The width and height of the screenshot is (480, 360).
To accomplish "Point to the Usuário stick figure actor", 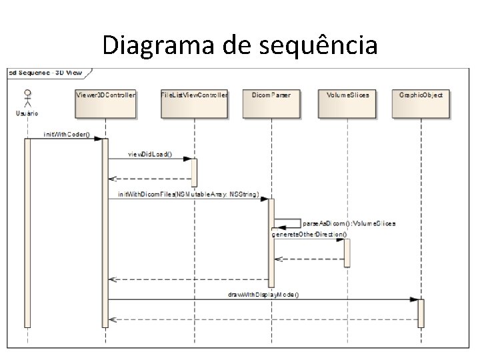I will (x=27, y=97).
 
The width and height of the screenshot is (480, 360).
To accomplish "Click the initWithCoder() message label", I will (x=66, y=134).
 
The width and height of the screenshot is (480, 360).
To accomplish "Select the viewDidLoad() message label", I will (x=150, y=154).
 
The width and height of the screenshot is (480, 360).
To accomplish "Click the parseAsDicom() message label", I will (x=349, y=223).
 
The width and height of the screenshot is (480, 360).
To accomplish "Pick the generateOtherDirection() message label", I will (x=309, y=235).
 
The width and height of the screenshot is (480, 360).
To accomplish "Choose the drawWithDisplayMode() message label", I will (x=264, y=294).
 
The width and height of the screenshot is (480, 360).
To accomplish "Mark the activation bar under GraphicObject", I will (x=421, y=313).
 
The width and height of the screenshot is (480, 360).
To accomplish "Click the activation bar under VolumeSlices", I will (x=347, y=253).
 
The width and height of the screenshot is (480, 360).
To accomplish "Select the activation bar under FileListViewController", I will (x=195, y=173).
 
